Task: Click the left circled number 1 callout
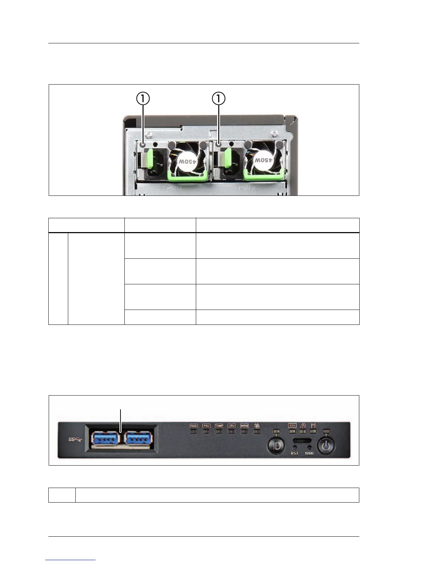pos(143,98)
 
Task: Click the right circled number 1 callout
pos(219,98)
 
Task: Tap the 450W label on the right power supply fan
pos(263,160)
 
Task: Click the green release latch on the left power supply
pos(150,158)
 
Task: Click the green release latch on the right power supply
pos(227,158)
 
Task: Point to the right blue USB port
pos(139,439)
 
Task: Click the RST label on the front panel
pos(295,454)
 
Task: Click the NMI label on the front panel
pos(309,454)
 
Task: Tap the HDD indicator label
pos(194,425)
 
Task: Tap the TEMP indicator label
pos(219,425)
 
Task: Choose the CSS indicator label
pos(292,425)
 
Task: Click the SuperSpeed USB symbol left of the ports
pos(75,440)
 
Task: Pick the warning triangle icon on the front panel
pos(303,425)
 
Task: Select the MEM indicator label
pos(244,425)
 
